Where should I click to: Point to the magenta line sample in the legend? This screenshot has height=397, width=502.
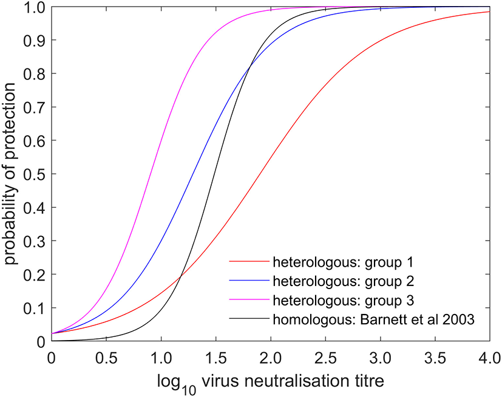(249, 301)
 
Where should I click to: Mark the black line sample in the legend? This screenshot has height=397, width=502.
(249, 321)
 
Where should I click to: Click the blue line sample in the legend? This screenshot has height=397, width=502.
(249, 282)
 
